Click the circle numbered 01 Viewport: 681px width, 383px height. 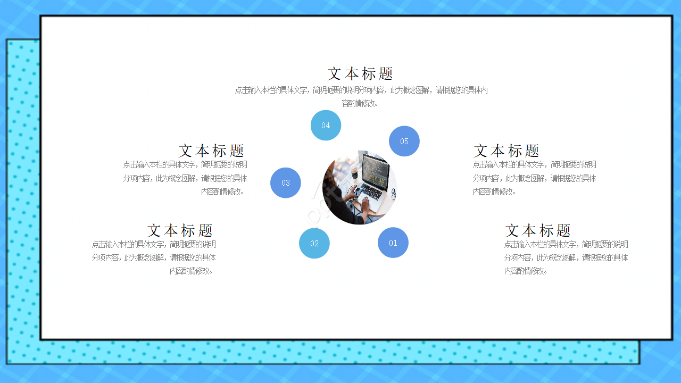[393, 243]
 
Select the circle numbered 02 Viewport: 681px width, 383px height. [314, 243]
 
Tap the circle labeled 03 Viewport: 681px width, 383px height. [286, 182]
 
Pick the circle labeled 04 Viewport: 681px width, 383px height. [326, 126]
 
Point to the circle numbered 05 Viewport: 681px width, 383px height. [404, 141]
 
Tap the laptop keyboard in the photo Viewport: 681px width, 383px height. [372, 191]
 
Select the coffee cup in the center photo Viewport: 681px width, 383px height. [354, 170]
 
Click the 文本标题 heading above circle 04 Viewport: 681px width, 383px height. [360, 73]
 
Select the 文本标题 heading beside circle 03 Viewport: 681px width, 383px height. [211, 151]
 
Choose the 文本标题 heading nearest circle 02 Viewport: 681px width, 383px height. [180, 230]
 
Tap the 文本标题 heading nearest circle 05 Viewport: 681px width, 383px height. [506, 151]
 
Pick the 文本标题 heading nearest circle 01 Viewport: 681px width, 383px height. [538, 230]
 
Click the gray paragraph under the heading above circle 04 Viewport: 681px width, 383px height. [361, 96]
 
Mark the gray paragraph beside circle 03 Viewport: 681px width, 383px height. [185, 178]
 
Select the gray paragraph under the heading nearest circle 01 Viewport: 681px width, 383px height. [566, 257]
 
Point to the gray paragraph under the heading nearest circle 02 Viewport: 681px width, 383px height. [154, 257]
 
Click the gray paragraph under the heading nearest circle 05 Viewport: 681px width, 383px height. [534, 178]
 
